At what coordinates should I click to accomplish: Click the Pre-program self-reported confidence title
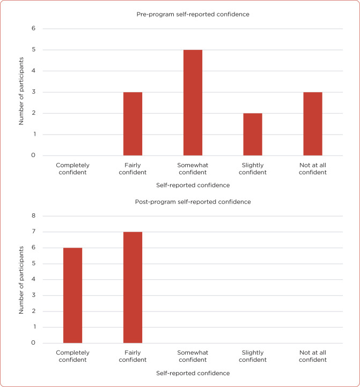click(x=193, y=14)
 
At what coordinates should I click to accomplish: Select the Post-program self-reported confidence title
click(x=193, y=202)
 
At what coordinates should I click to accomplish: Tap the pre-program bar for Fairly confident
click(x=133, y=124)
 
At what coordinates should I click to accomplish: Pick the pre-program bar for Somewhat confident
click(x=193, y=103)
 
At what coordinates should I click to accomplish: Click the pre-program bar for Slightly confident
click(x=253, y=135)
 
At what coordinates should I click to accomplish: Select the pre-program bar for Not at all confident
click(x=313, y=124)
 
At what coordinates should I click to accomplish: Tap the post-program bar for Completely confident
click(x=72, y=295)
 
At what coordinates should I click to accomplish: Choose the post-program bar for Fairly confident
click(x=133, y=287)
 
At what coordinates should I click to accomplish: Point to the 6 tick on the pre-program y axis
click(x=33, y=28)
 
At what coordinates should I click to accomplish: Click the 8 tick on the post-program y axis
click(x=33, y=216)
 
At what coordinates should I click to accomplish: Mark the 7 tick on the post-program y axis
click(x=33, y=232)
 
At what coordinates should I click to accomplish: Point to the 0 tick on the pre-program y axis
click(x=33, y=155)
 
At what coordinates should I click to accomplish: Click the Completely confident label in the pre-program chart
click(x=72, y=169)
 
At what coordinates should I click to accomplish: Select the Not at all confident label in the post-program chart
click(x=313, y=356)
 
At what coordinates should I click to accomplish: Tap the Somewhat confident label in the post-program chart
click(x=193, y=356)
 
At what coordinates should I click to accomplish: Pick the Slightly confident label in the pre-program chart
click(x=253, y=169)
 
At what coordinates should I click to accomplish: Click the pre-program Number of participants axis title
click(x=21, y=92)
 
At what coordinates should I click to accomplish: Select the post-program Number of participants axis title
click(x=21, y=279)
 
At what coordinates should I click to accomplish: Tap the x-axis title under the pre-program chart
click(x=193, y=185)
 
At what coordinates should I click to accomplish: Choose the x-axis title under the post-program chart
click(x=193, y=373)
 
